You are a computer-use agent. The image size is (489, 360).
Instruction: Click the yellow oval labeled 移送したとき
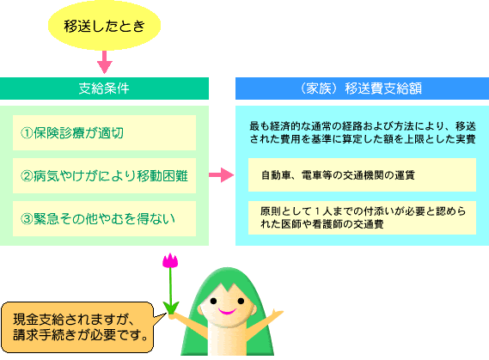click(x=104, y=26)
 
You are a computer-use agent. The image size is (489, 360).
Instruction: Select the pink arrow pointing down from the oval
click(x=105, y=62)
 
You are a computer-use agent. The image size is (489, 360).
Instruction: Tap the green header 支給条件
click(x=104, y=88)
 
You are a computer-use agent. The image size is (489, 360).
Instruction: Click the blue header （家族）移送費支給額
click(x=362, y=88)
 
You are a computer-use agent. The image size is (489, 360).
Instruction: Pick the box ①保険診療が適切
click(x=104, y=133)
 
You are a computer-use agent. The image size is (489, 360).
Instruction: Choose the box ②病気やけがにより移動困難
click(x=104, y=175)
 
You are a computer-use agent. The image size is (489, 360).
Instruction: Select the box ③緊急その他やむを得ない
click(x=104, y=218)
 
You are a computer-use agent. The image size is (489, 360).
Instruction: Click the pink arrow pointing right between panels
click(x=222, y=175)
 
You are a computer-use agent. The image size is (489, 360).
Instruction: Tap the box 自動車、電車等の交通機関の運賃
click(x=362, y=175)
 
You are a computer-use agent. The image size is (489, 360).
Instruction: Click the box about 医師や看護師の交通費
click(x=362, y=217)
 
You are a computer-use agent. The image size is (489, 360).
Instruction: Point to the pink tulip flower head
click(x=170, y=260)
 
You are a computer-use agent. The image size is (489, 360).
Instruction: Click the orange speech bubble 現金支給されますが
click(x=78, y=327)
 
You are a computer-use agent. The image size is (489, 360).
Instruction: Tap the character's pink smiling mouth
click(x=227, y=311)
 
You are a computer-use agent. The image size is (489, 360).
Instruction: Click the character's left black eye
click(x=213, y=301)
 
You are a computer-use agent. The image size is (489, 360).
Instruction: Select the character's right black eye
click(x=241, y=301)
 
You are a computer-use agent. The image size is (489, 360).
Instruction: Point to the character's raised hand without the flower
click(x=277, y=314)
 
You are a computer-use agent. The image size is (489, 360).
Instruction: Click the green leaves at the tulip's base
click(x=171, y=308)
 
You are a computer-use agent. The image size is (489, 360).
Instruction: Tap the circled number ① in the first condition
click(x=27, y=133)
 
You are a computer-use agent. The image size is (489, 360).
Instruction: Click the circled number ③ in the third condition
click(x=27, y=219)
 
